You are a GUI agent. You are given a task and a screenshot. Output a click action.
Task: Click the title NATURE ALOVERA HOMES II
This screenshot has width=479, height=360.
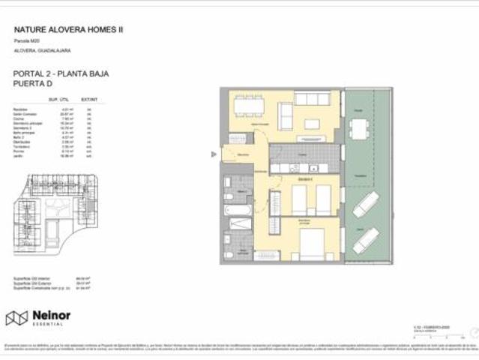pos(69,29)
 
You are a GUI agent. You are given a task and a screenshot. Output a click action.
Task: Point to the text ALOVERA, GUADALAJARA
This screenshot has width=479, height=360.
pos(42,50)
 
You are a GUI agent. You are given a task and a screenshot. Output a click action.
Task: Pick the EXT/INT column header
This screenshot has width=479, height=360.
pos(89,98)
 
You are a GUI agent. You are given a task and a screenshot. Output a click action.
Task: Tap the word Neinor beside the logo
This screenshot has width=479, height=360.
pos(51,316)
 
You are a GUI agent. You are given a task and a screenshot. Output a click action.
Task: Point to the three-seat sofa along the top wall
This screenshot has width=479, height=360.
pos(312,98)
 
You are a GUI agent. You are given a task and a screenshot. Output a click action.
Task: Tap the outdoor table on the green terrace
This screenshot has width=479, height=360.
pos(360,130)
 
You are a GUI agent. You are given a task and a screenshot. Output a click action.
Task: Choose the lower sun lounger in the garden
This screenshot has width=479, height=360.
pos(367,239)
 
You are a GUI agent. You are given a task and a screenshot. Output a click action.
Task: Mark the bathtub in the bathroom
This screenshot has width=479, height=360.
pos(240,223)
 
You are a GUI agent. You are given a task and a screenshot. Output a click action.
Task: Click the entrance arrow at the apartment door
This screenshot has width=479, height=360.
pos(214,155)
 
